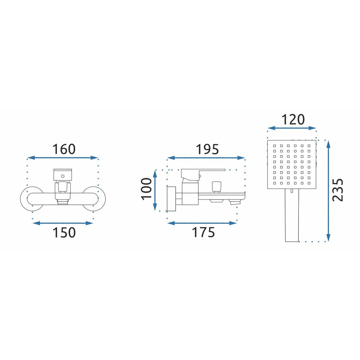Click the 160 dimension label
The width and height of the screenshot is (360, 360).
[64, 149]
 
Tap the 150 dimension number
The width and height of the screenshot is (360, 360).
[64, 232]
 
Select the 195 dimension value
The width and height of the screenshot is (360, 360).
[207, 149]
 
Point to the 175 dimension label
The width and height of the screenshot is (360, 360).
[203, 232]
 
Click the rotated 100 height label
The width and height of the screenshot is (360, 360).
[147, 189]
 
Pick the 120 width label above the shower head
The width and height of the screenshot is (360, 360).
[293, 120]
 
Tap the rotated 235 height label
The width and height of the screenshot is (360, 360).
[338, 190]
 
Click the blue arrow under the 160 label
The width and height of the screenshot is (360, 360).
[63, 158]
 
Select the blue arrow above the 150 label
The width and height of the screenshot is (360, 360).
[63, 223]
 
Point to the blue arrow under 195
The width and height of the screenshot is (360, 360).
[206, 158]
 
